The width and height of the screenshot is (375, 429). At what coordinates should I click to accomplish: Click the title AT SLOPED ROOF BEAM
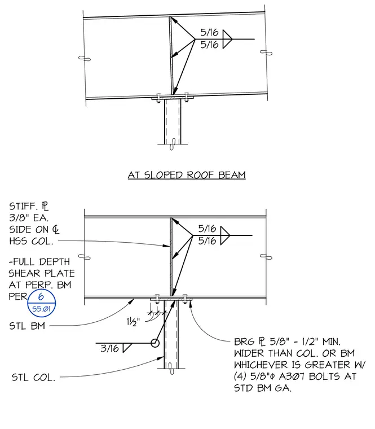pyautogui.click(x=187, y=175)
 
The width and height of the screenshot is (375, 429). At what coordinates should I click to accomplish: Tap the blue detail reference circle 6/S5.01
pyautogui.click(x=42, y=303)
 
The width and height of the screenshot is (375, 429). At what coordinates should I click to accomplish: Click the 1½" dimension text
pyautogui.click(x=133, y=322)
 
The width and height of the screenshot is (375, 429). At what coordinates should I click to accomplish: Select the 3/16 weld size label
pyautogui.click(x=109, y=348)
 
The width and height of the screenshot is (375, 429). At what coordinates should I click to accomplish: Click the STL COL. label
pyautogui.click(x=33, y=378)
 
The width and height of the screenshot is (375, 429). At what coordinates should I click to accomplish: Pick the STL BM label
pyautogui.click(x=27, y=326)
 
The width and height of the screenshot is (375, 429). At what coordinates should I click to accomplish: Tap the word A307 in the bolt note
pyautogui.click(x=292, y=377)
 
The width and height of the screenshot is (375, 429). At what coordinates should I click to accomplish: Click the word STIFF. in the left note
pyautogui.click(x=24, y=205)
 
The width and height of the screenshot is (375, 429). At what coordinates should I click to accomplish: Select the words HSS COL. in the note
pyautogui.click(x=31, y=241)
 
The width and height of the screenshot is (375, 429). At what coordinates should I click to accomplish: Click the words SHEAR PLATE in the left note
pyautogui.click(x=42, y=273)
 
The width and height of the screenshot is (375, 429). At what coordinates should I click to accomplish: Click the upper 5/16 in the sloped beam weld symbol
pyautogui.click(x=209, y=33)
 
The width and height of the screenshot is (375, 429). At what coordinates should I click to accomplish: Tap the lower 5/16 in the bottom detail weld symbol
pyautogui.click(x=207, y=241)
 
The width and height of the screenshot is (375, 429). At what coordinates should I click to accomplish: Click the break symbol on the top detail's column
pyautogui.click(x=173, y=144)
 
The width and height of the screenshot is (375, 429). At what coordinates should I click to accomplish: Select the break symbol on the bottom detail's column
pyautogui.click(x=171, y=369)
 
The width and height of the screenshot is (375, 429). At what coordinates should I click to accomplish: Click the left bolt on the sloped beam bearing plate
pyautogui.click(x=158, y=98)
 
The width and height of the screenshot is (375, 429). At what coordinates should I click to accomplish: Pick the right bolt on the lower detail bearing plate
pyautogui.click(x=185, y=299)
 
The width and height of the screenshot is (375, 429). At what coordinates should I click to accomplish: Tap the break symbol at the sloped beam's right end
pyautogui.click(x=266, y=52)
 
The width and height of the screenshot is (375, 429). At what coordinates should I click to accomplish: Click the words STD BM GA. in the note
pyautogui.click(x=263, y=388)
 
